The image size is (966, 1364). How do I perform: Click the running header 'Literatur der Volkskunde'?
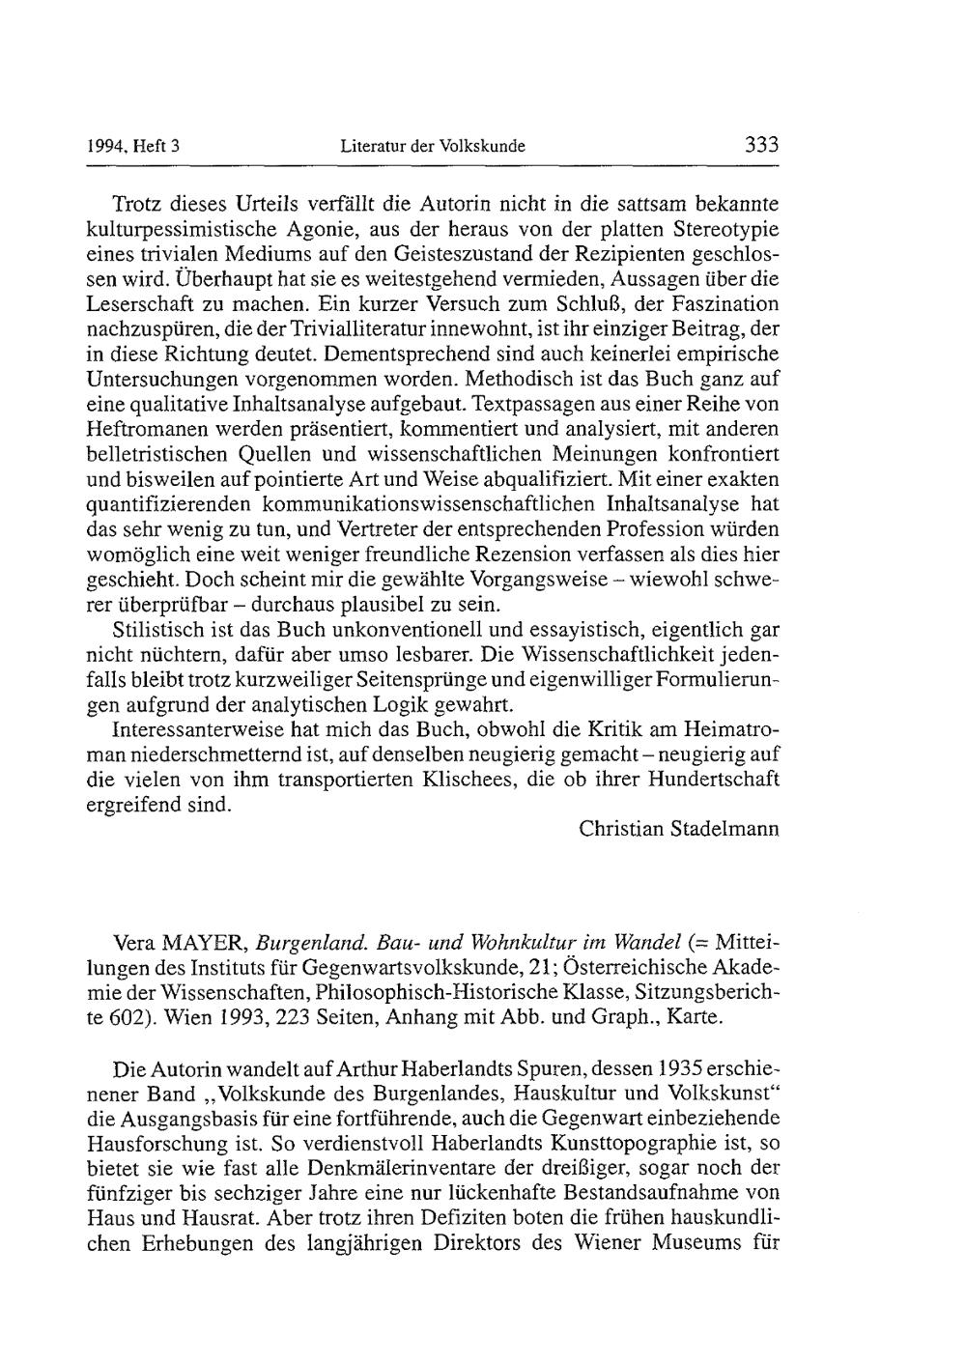[433, 148]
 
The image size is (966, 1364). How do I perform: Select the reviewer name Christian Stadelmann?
[679, 829]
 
